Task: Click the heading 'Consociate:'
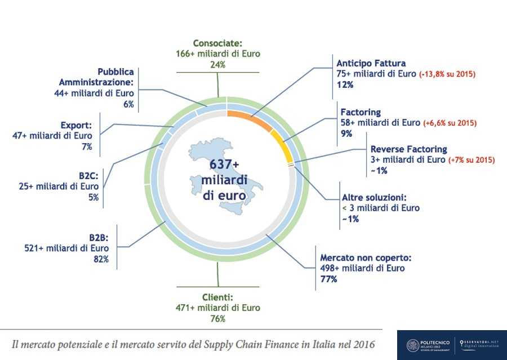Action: click(217, 43)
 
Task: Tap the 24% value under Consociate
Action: click(217, 64)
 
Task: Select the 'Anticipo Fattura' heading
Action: click(371, 63)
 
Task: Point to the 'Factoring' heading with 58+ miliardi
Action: click(361, 112)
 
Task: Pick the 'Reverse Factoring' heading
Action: click(408, 149)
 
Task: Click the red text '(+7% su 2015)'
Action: click(472, 160)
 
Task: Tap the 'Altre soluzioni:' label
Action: click(373, 198)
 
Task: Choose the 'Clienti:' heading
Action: click(217, 297)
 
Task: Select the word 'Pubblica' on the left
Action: click(115, 72)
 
